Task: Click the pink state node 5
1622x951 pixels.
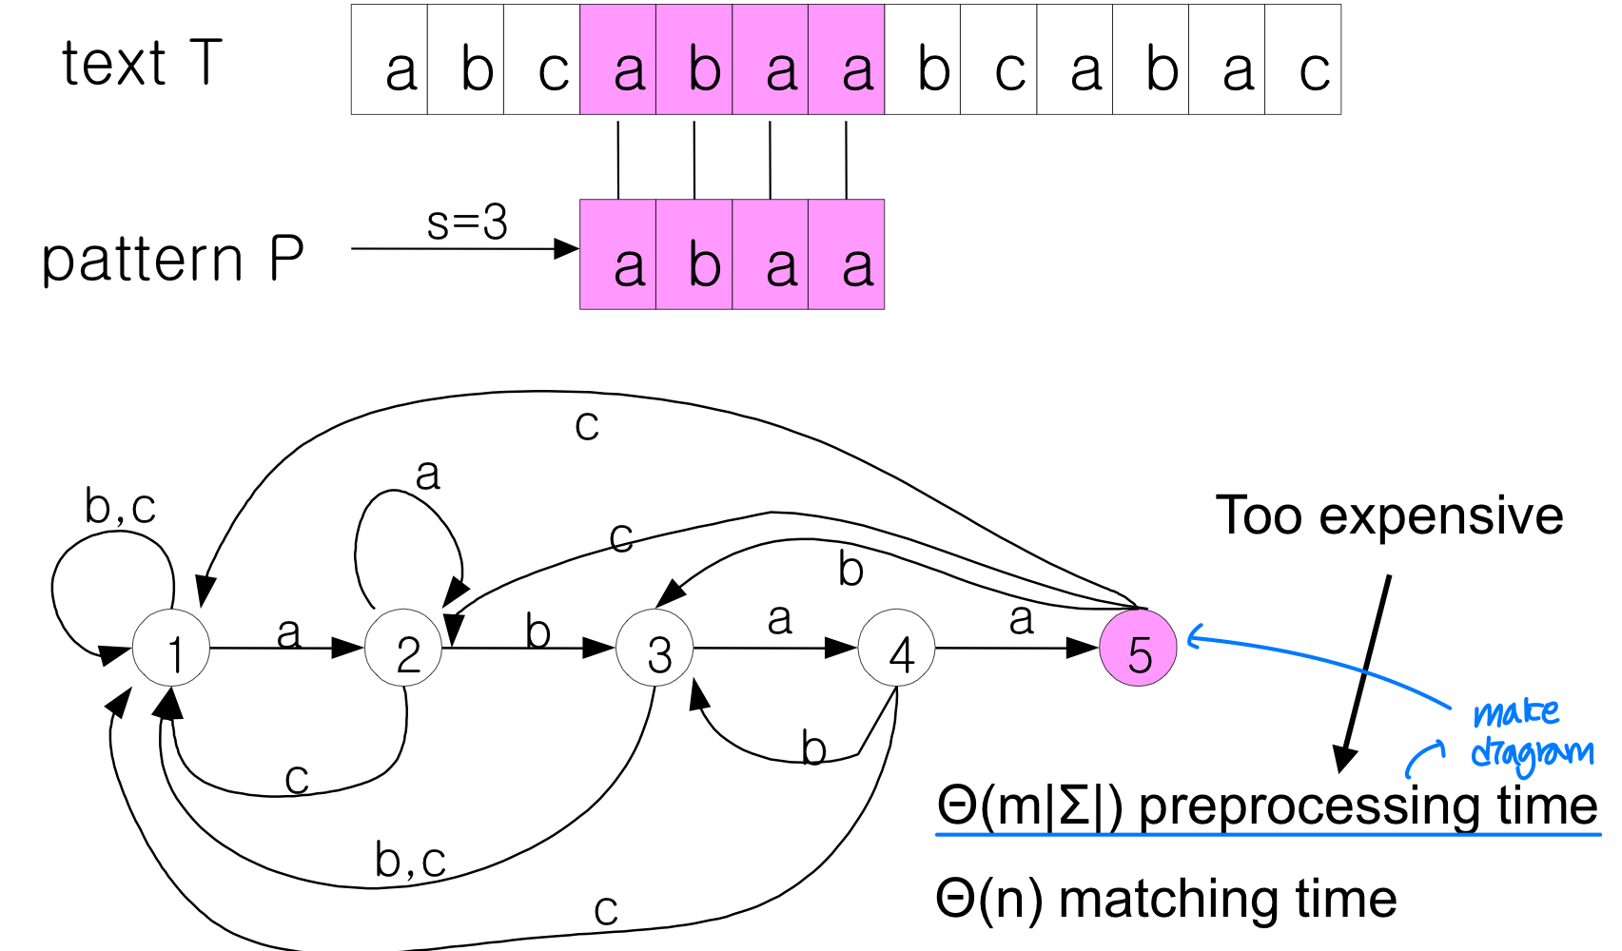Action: [1138, 649]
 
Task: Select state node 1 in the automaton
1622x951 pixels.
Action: [171, 649]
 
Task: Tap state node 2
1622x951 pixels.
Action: [404, 649]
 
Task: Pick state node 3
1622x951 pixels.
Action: [655, 649]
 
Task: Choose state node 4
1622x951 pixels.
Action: [897, 649]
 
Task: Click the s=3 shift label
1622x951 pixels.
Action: [466, 223]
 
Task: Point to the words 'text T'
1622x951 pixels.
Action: [142, 63]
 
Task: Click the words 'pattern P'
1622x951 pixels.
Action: [172, 259]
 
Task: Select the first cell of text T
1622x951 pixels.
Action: [389, 60]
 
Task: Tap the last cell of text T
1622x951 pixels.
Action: [1302, 60]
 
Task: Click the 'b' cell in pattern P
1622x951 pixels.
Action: [694, 255]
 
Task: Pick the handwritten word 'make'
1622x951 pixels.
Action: [1515, 712]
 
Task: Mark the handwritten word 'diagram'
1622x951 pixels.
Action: [1531, 754]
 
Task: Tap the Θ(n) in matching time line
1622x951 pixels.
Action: [989, 898]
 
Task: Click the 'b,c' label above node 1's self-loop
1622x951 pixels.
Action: [120, 506]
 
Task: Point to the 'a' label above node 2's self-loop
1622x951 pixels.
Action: [428, 474]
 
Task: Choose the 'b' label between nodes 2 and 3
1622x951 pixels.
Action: [537, 631]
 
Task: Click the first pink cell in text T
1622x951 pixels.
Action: [618, 60]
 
